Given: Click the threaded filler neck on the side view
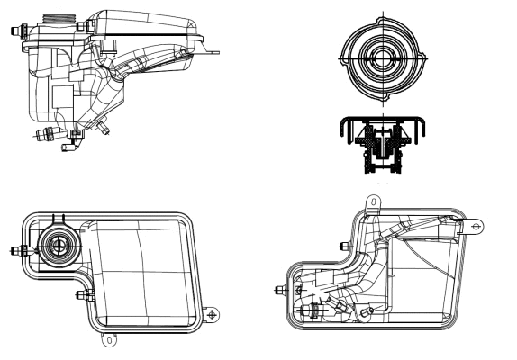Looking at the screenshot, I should tap(60, 19).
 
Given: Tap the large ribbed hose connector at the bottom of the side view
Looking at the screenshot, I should tap(45, 136).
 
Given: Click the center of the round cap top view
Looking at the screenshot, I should tap(381, 59).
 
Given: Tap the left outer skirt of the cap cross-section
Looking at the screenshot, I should tap(342, 134).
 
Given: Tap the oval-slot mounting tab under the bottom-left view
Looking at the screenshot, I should tap(109, 339).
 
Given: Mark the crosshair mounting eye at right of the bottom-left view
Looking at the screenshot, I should tap(212, 314).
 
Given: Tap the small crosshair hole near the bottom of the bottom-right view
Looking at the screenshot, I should tap(369, 312).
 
